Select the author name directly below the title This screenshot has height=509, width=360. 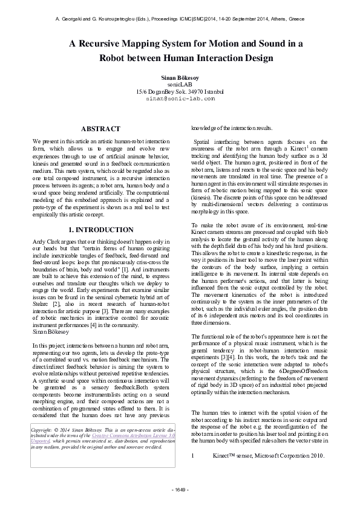click(x=180, y=79)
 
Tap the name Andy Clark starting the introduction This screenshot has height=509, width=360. click(x=46, y=242)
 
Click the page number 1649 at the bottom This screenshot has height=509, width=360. click(x=180, y=489)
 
